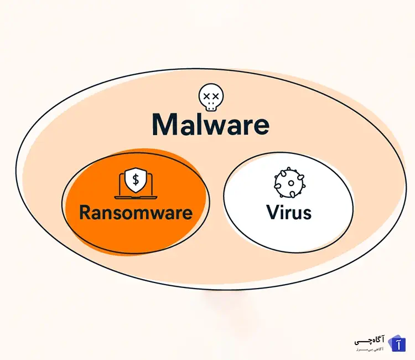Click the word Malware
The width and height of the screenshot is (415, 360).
click(210, 125)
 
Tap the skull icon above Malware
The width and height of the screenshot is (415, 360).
click(211, 97)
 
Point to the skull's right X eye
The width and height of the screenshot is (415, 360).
click(215, 96)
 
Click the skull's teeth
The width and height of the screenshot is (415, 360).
click(211, 105)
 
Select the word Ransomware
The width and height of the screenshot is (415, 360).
click(136, 212)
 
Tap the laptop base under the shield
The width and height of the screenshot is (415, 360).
click(135, 197)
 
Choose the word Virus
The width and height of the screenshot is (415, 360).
click(288, 212)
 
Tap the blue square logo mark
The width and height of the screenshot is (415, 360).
click(398, 343)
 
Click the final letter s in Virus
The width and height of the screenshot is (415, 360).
click(306, 213)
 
